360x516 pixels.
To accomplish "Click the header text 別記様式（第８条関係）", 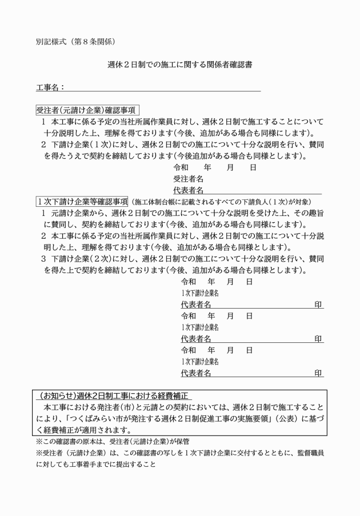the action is click(76, 41).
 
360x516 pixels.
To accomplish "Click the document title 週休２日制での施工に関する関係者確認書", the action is click(179, 65).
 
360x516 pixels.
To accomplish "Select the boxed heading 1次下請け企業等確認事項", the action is click(82, 201).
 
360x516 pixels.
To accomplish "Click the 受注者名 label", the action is click(189, 179).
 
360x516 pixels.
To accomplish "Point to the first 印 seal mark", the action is click(318, 305).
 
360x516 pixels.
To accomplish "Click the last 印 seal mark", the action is click(318, 373).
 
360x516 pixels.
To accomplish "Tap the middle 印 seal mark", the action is click(318, 339).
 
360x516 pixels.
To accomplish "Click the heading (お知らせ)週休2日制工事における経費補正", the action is click(113, 396).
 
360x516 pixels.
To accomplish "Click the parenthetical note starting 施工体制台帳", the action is click(221, 202).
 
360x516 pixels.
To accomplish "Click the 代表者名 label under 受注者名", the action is click(189, 190).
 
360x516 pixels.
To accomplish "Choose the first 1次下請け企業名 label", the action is click(199, 293).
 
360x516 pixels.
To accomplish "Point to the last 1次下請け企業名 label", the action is click(199, 362).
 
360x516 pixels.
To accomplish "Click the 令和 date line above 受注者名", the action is click(215, 168).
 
